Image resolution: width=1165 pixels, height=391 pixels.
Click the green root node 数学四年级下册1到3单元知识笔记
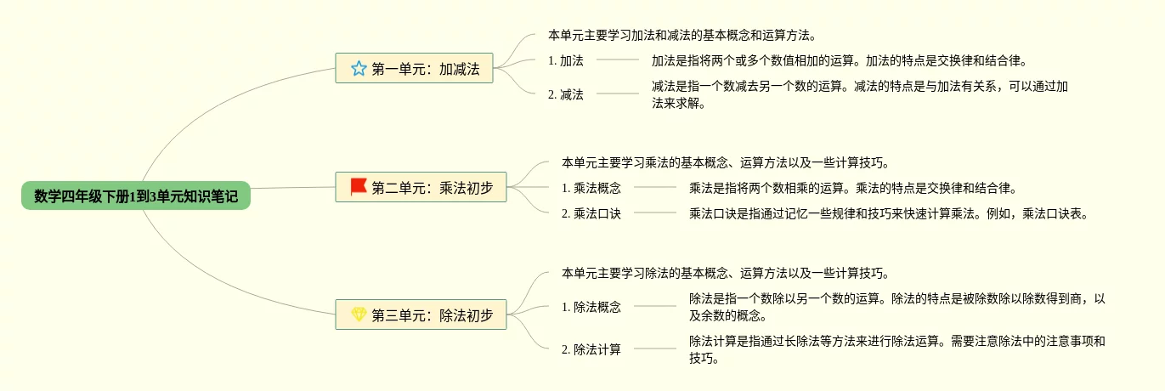pos(136,196)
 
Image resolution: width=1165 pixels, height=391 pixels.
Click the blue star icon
pos(359,69)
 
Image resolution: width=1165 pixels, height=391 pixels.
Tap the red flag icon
pos(359,186)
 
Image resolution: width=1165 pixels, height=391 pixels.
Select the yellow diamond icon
pos(359,314)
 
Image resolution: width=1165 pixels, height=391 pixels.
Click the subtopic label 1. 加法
pos(566,60)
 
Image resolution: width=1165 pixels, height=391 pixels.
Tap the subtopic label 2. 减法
pos(566,94)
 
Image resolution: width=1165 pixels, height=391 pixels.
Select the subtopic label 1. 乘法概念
pos(591,188)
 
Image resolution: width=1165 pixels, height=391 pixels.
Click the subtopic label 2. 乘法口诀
pos(591,213)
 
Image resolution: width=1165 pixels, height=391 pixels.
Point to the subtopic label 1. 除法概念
pos(591,307)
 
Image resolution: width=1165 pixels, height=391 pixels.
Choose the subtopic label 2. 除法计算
pos(591,349)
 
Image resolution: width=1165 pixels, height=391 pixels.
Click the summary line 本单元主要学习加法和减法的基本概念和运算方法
pos(682,36)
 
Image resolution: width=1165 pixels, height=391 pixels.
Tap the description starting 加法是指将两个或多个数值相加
pos(840,60)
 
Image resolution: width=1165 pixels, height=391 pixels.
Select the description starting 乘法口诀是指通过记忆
pos(888,213)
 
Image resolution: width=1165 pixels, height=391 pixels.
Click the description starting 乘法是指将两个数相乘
pos(852,188)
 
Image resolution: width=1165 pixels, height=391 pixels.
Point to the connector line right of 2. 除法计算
pos(655,348)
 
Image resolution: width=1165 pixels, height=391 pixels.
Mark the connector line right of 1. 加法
pos(618,59)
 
